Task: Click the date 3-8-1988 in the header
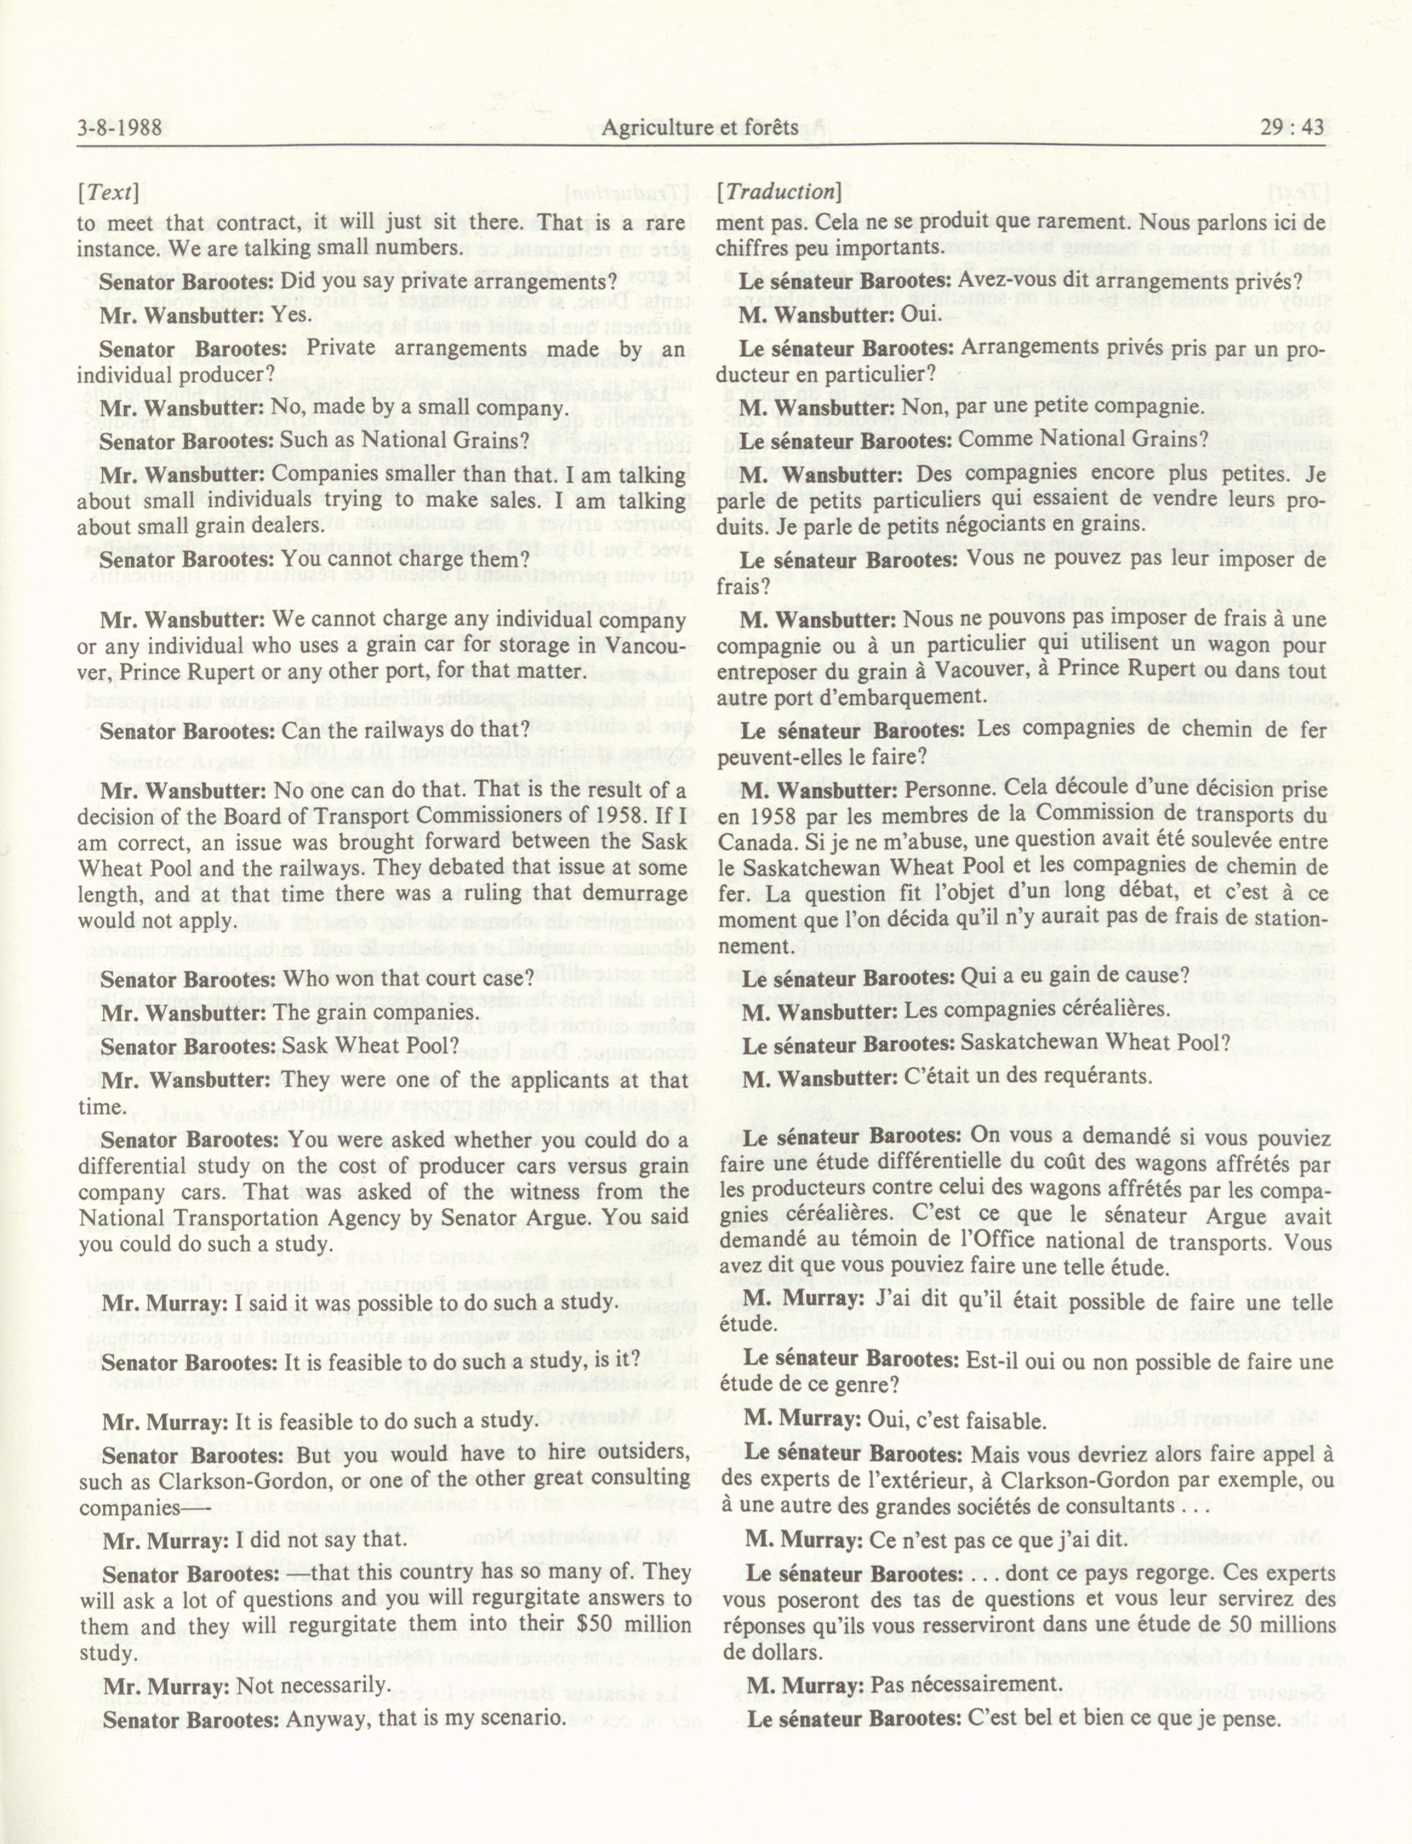118,128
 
